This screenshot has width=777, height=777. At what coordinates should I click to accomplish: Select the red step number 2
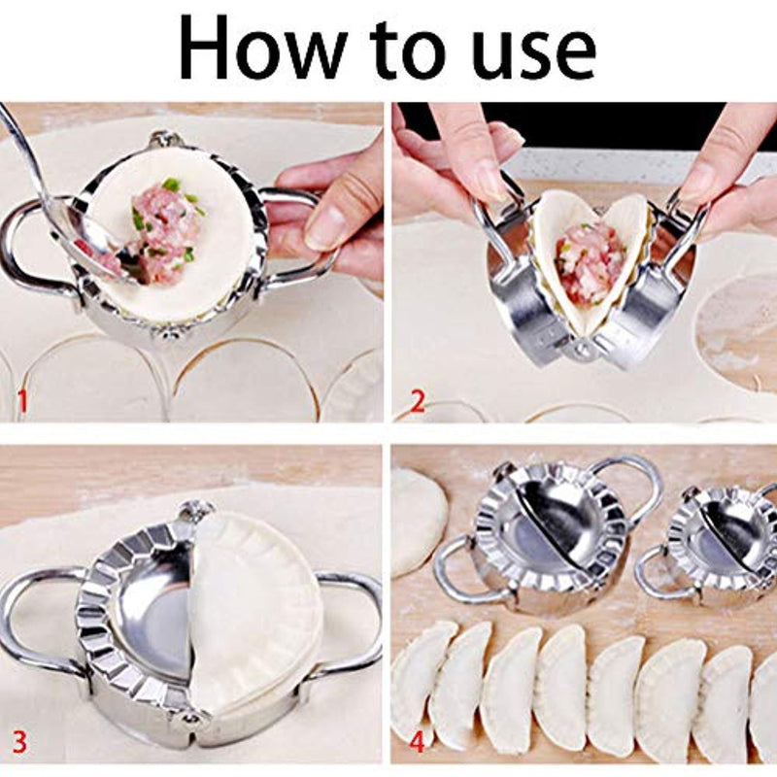pos(416,400)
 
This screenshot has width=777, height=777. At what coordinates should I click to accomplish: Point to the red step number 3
pos(20,743)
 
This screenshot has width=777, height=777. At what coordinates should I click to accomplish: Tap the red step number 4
pos(417,744)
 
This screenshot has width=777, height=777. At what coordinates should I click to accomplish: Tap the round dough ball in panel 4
pos(418,521)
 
